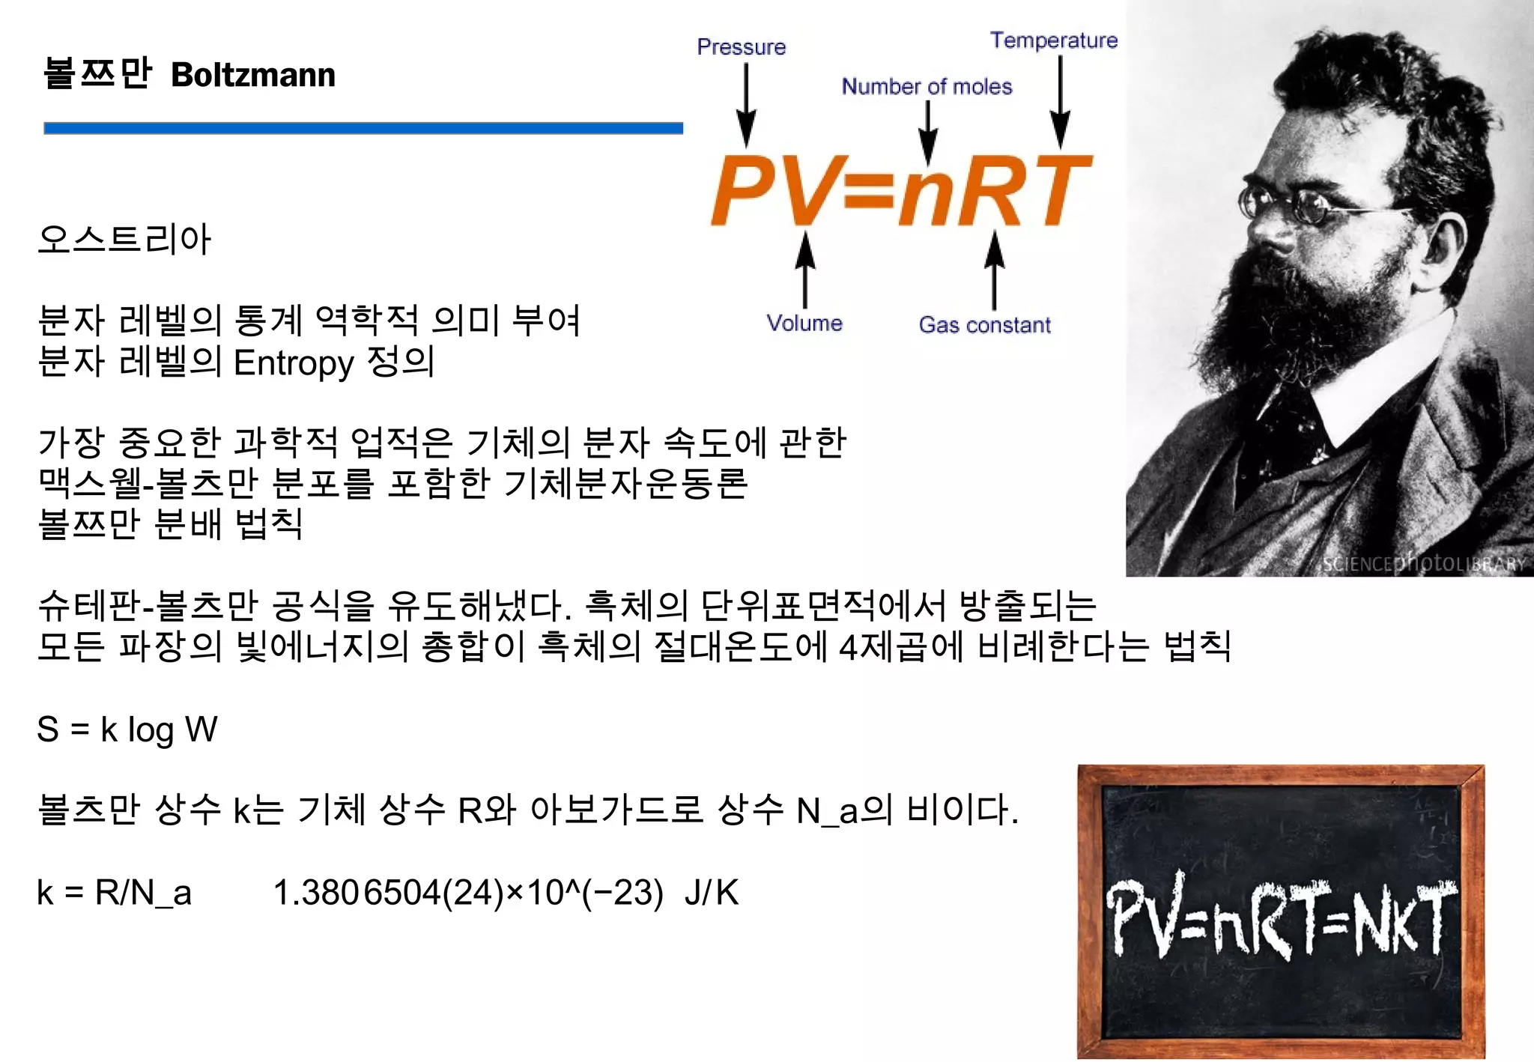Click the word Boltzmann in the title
click(x=253, y=76)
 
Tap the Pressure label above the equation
click(x=742, y=47)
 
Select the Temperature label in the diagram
click(x=1054, y=40)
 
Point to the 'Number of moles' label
click(x=927, y=87)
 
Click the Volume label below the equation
click(x=804, y=324)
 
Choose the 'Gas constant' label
click(x=984, y=325)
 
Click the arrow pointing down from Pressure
click(x=746, y=105)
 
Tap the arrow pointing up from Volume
click(x=805, y=270)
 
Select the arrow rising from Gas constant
click(x=995, y=270)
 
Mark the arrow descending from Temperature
click(x=1060, y=101)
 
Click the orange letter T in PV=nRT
click(x=1056, y=190)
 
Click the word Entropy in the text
click(x=293, y=363)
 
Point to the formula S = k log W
click(x=127, y=729)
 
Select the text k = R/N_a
click(x=114, y=893)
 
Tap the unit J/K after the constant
click(x=711, y=893)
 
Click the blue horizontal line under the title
click(x=363, y=128)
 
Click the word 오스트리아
click(x=124, y=240)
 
